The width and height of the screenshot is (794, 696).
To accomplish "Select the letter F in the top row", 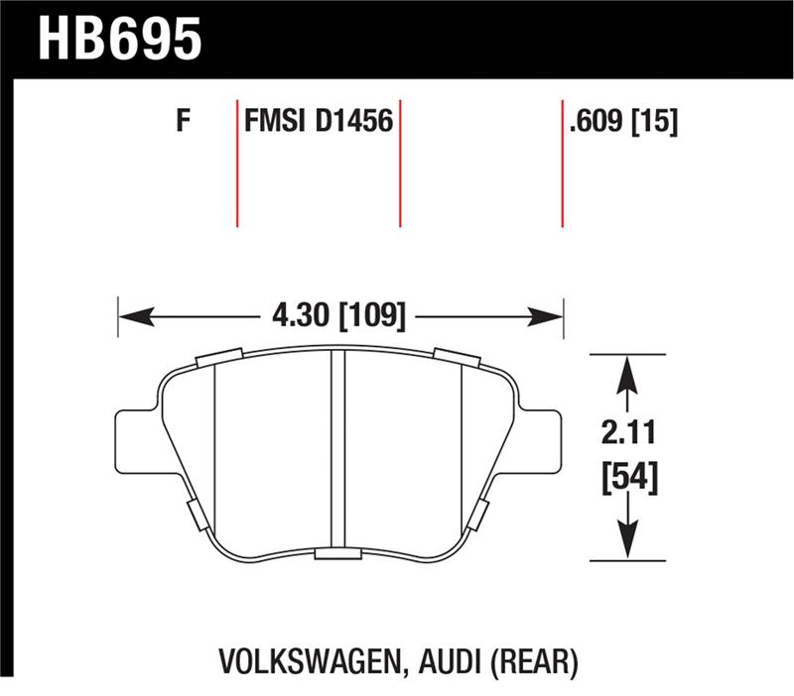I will coord(182,123).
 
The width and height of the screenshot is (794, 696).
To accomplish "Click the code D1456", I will coord(355,123).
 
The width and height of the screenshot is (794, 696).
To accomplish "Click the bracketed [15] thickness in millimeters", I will coord(656,123).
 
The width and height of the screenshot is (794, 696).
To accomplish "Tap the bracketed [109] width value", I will coord(372,317).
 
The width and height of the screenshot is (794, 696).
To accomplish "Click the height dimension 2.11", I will coord(626,433).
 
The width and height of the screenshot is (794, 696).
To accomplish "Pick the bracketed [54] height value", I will coord(626,479).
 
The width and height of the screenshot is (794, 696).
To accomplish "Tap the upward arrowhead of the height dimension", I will coord(626,374).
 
